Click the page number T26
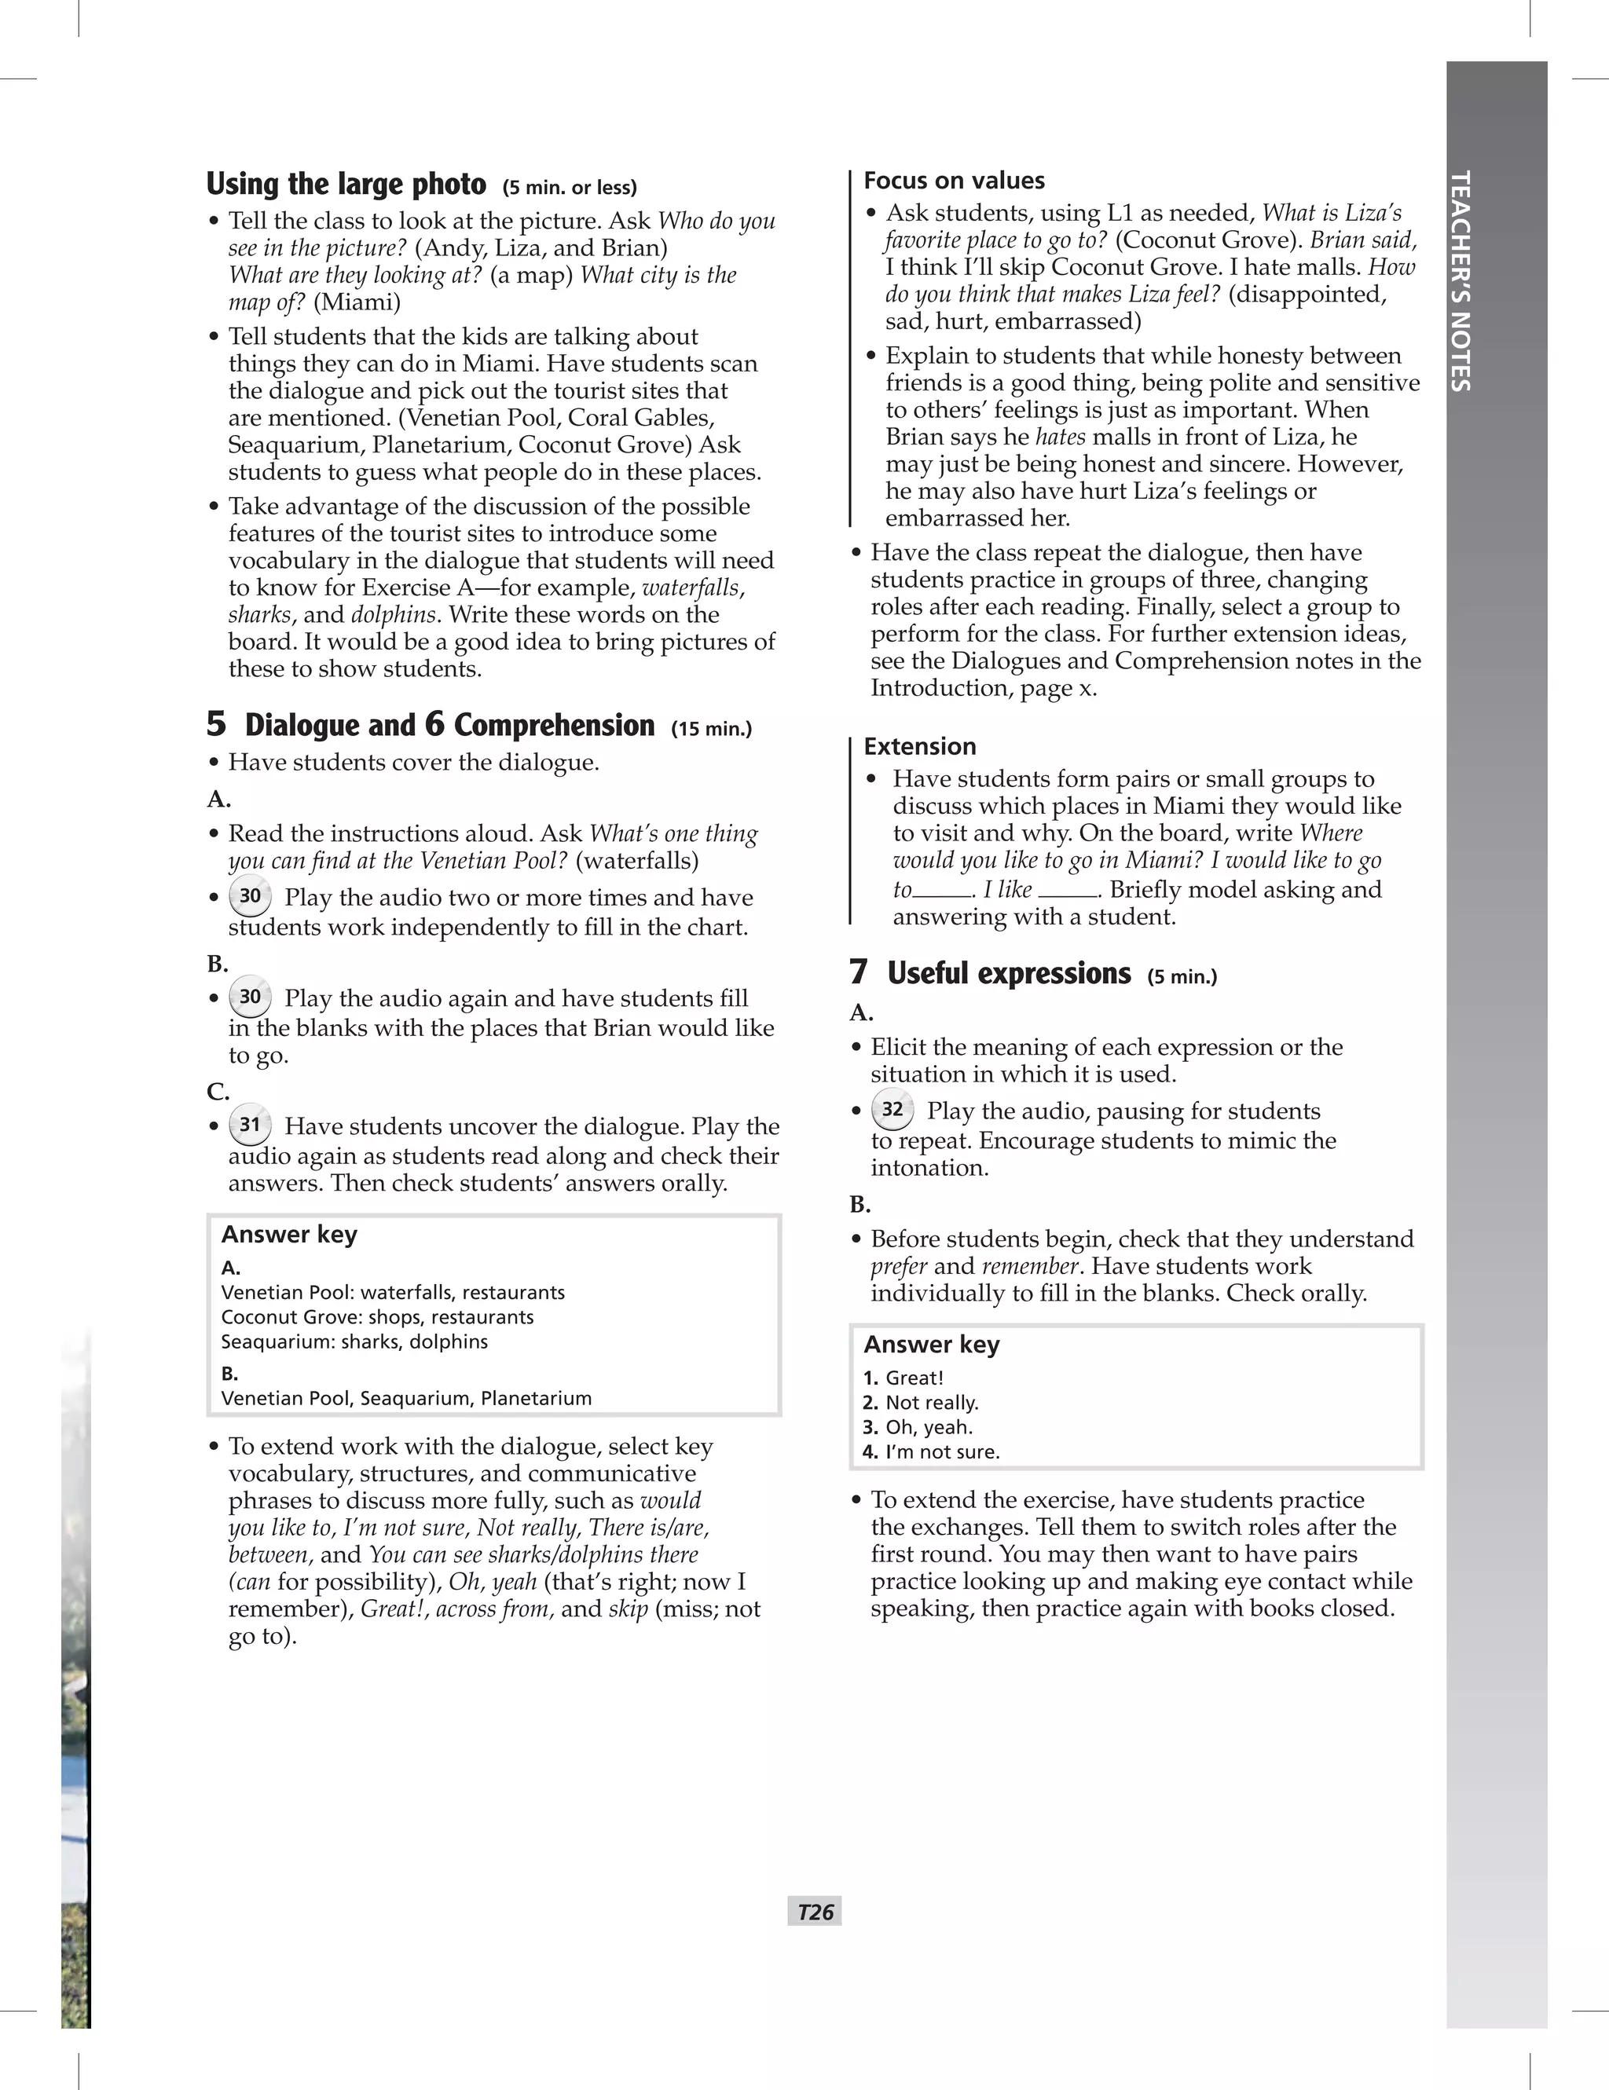click(815, 1911)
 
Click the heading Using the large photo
click(346, 184)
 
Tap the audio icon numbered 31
click(250, 1125)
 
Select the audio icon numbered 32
click(892, 1109)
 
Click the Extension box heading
click(919, 746)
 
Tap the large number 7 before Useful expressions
click(859, 972)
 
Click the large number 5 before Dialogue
click(216, 723)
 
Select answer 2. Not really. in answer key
click(920, 1402)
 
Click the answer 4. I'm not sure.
click(930, 1451)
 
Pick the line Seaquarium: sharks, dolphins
click(354, 1341)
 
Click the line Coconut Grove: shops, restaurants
click(377, 1317)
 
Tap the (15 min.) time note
click(711, 729)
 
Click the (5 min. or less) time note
click(570, 188)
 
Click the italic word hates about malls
click(1060, 437)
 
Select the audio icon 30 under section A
click(250, 895)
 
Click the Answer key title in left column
click(289, 1235)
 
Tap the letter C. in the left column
click(218, 1091)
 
